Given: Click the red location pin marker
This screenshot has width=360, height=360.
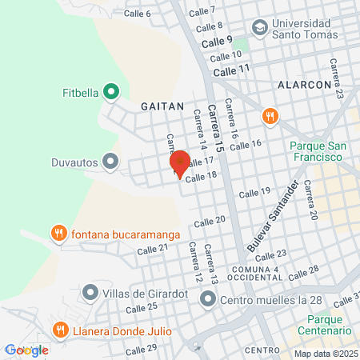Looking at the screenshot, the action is click(180, 163).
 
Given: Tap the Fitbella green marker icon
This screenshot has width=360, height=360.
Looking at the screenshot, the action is click(111, 92).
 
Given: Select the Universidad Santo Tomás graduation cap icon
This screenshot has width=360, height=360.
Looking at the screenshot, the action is click(259, 27).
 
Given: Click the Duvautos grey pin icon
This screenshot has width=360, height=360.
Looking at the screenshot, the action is click(111, 162).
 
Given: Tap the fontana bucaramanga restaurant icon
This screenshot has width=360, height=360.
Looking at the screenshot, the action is click(58, 234).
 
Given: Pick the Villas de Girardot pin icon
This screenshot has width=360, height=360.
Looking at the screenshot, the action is click(90, 293).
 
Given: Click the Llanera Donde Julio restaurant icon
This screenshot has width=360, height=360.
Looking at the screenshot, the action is click(60, 329).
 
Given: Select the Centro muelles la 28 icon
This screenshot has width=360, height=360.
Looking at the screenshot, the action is click(208, 301).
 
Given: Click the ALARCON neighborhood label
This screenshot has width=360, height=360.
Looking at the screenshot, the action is click(299, 84).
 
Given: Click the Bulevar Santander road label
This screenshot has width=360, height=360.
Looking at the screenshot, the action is click(277, 215).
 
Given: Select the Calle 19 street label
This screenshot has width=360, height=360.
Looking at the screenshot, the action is click(254, 193).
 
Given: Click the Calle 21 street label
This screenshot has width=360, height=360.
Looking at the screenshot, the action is click(152, 249).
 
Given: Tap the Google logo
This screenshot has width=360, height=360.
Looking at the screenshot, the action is click(26, 350).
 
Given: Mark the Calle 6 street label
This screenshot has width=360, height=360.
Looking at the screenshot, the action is click(137, 14).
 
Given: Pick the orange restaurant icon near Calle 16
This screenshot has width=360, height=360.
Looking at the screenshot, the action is click(270, 117).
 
